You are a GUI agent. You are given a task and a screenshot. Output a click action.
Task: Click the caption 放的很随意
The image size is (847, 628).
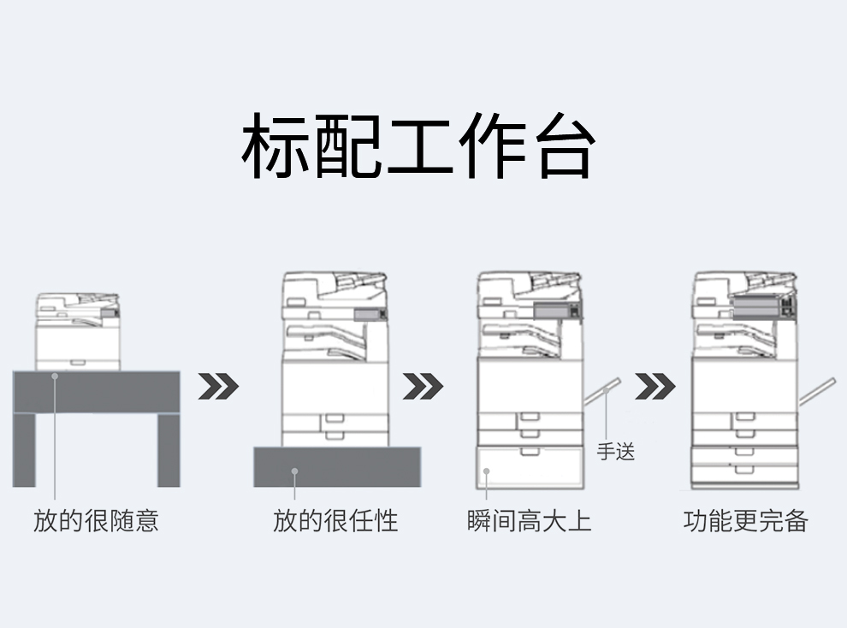[96, 520]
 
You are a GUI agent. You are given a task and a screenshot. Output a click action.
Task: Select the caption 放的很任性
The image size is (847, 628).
[335, 520]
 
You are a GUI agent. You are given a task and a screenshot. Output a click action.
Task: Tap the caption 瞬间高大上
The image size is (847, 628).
[530, 520]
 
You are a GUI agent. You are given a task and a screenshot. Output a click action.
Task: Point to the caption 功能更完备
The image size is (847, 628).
[746, 520]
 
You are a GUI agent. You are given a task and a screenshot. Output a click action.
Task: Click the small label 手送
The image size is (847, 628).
[615, 451]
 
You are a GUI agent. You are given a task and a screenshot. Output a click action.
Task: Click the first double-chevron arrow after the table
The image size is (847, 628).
[218, 387]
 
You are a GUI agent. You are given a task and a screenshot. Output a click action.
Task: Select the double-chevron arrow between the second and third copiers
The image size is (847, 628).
[423, 387]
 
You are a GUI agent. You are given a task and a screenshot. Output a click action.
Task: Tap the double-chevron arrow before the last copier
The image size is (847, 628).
[654, 387]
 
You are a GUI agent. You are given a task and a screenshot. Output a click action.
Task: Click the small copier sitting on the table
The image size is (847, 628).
[77, 332]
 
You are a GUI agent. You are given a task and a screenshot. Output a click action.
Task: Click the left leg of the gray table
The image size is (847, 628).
[24, 450]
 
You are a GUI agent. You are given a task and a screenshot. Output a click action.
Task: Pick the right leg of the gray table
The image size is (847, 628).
[168, 450]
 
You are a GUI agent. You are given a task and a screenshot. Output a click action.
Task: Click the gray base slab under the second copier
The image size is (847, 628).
[336, 467]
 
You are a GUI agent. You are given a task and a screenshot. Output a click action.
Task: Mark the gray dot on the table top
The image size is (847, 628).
[55, 375]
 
